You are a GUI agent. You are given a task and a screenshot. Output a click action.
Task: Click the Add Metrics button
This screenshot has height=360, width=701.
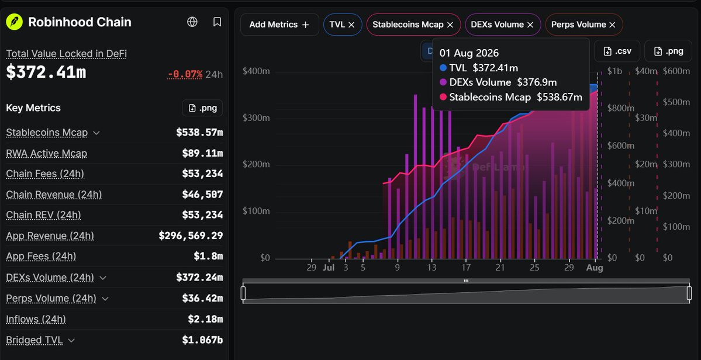point(279,25)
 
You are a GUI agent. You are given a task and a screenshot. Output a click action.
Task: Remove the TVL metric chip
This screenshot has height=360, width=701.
point(351,25)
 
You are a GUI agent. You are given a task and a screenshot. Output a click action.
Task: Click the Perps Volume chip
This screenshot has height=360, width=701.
point(583,25)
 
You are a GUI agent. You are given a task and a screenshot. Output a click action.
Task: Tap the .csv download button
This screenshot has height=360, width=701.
point(617,51)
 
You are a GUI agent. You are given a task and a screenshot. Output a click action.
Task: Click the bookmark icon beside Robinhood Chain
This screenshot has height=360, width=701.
point(217,22)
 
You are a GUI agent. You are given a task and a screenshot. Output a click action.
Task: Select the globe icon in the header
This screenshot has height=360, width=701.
point(192,22)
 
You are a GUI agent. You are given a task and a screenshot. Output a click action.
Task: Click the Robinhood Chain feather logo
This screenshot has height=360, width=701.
point(14,22)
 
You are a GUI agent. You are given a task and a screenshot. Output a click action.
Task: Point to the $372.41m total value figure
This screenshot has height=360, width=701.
point(46,72)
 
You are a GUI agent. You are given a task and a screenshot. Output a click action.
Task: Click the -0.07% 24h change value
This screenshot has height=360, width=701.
point(185,74)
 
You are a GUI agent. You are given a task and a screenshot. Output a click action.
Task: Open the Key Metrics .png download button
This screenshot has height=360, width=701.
point(202,108)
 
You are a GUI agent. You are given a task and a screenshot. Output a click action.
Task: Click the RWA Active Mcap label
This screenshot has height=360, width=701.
point(47,154)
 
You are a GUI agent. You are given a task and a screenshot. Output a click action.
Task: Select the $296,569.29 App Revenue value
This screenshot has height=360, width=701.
point(191,236)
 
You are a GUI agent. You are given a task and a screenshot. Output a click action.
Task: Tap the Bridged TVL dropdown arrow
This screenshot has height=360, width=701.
point(71,340)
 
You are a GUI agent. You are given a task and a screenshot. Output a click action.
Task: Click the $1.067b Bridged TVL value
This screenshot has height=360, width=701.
point(202,340)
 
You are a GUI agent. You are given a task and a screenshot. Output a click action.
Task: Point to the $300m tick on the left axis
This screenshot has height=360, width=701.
point(256,119)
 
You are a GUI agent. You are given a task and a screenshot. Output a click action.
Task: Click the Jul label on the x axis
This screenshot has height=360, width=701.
point(329,268)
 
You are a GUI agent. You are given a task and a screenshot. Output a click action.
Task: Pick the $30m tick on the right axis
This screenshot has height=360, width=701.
point(646,118)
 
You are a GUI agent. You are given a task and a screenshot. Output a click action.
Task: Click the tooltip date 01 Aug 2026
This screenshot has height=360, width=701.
point(469,53)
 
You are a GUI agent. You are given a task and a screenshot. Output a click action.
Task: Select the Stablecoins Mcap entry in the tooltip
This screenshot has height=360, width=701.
point(511,97)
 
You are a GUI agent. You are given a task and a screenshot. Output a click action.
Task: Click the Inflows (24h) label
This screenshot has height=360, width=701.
point(36,319)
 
